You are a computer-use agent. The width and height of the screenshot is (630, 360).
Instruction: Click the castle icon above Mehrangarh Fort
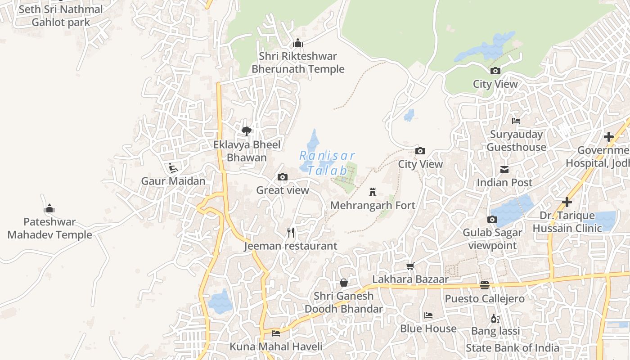coord(372,192)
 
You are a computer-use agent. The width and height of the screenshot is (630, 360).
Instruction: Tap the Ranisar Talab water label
coord(328,163)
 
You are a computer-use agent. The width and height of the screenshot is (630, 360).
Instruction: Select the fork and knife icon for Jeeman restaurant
coord(291,233)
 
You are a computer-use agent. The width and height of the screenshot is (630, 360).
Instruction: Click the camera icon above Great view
coord(282,177)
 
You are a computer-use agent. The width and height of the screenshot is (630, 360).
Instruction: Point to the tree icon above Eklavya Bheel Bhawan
coord(246,131)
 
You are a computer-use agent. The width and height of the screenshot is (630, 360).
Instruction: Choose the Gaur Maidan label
coord(173,181)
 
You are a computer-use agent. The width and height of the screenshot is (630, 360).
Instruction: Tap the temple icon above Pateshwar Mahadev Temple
coord(49,208)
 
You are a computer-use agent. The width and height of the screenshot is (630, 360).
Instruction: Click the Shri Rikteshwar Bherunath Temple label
coord(298,63)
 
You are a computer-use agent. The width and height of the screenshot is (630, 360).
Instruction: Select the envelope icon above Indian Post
coord(504,170)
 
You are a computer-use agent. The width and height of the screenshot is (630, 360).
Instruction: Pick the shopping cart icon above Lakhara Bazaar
coord(410,266)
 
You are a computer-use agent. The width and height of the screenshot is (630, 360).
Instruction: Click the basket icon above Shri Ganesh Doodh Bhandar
coord(344,283)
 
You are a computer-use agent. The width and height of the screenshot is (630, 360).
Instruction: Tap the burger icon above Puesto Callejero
coord(485,285)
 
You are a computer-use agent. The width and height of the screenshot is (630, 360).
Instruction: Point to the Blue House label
coord(428,328)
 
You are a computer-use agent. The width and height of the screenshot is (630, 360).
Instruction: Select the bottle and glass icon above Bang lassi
coord(495,318)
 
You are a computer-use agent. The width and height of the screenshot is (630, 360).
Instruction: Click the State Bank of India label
coord(513,348)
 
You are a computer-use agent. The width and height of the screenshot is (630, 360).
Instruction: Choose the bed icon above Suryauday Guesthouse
coord(516,121)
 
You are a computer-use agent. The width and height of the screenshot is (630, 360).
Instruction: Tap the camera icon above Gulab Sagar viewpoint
coord(492,220)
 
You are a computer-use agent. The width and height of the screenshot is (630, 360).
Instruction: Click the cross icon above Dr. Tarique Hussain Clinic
coord(567,202)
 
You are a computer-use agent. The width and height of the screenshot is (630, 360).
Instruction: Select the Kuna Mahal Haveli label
coord(276,346)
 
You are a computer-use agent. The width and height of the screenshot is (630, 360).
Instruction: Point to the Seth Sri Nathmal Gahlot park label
coord(61,16)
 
